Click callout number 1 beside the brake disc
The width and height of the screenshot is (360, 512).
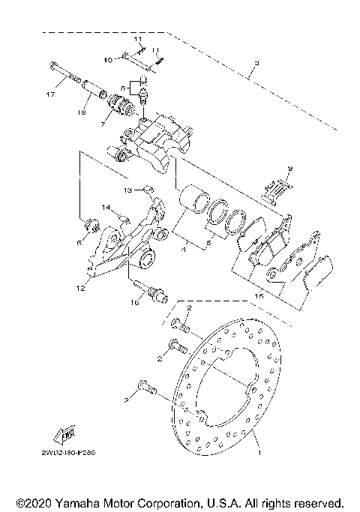(260, 454)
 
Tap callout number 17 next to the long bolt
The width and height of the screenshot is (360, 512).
(49, 95)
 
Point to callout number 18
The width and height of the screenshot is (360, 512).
(82, 113)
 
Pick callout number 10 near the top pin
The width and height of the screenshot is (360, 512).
(107, 58)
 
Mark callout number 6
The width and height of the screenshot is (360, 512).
(78, 243)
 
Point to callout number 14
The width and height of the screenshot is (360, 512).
(106, 207)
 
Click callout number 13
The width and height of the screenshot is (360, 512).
(128, 190)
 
